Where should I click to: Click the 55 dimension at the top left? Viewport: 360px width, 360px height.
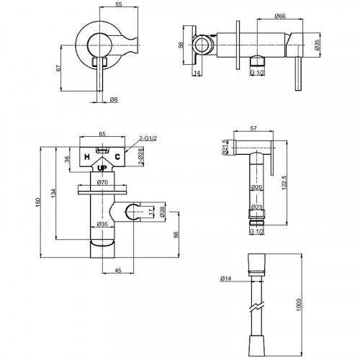[x=119, y=4]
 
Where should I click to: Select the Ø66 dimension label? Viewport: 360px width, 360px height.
[x=280, y=16]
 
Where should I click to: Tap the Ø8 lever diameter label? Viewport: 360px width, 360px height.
[x=114, y=99]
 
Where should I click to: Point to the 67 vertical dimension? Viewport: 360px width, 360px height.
[x=58, y=68]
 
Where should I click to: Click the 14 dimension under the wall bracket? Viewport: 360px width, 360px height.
[x=197, y=73]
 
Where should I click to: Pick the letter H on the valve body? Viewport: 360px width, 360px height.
[x=87, y=157]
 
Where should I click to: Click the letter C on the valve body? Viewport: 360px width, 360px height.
[x=117, y=157]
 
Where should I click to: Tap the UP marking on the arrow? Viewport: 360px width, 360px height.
[x=102, y=168]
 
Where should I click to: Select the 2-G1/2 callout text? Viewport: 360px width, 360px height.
[x=148, y=138]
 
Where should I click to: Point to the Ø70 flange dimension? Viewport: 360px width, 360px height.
[x=102, y=182]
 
